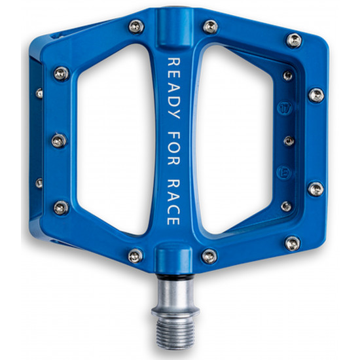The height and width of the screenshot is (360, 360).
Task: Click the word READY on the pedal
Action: [174, 88]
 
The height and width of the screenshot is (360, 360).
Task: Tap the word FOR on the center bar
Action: [174, 148]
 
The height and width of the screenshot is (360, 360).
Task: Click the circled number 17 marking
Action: [285, 108]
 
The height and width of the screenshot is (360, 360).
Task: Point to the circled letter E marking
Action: [284, 173]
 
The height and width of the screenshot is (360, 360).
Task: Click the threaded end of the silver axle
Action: [175, 332]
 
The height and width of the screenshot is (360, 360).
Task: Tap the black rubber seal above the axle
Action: [175, 277]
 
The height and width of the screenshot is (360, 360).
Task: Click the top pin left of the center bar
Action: [136, 26]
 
